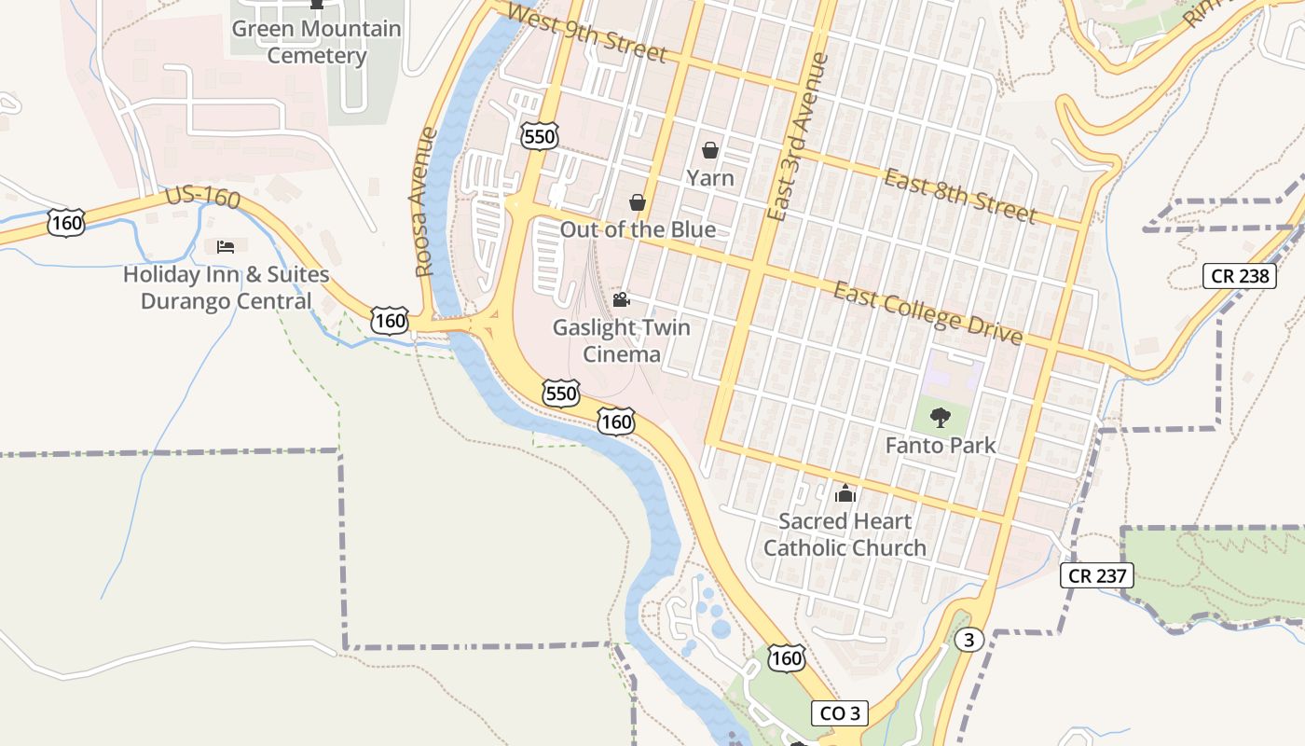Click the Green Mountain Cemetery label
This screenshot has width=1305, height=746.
[316, 42]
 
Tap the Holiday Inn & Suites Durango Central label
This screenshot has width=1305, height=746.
[227, 288]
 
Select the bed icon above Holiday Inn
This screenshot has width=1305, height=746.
[226, 247]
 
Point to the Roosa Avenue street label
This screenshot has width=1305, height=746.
[425, 202]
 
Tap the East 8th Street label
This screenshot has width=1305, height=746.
[960, 197]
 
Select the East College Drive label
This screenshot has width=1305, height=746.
[927, 313]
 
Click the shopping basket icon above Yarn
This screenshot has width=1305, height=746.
[710, 150]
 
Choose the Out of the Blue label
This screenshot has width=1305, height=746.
[638, 229]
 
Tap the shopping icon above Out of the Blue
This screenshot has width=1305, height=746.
[638, 202]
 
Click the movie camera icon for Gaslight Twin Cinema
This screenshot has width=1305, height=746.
[621, 299]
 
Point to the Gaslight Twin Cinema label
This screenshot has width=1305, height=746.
[621, 341]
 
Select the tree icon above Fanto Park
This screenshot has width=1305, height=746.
[941, 417]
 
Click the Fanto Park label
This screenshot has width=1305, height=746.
[941, 446]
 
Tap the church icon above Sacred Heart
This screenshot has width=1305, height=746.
[845, 493]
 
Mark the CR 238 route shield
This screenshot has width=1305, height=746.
[1239, 276]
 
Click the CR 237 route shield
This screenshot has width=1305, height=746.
[1097, 575]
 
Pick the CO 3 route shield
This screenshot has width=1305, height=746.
[839, 714]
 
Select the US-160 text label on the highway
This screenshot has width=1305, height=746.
[202, 198]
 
